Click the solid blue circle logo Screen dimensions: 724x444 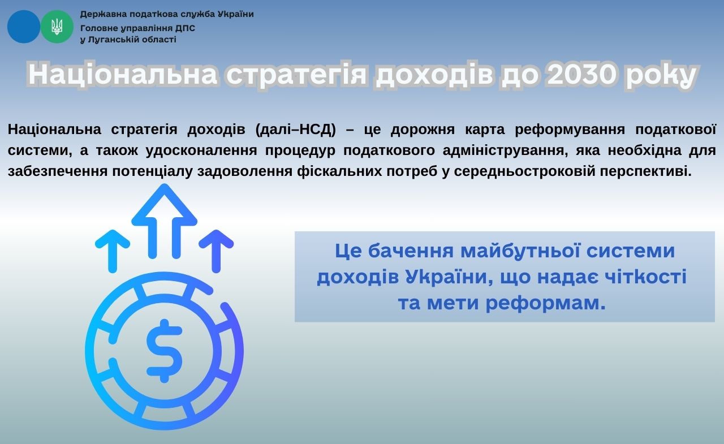[24, 27]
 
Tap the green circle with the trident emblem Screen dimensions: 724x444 [57, 27]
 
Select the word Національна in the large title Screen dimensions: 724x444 [123, 74]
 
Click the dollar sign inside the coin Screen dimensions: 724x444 [164, 351]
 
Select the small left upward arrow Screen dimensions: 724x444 [113, 251]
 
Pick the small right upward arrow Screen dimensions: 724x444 [216, 251]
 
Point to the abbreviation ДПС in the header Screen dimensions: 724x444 [186, 28]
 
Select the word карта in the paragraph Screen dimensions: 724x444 [485, 130]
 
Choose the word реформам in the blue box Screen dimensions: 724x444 [546, 303]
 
